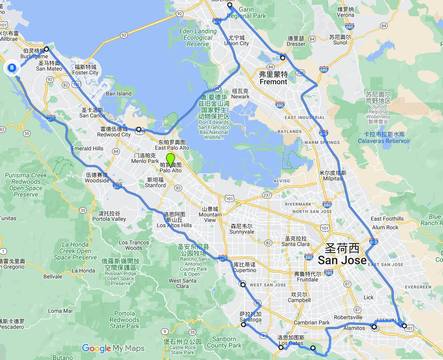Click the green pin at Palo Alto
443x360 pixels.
170,159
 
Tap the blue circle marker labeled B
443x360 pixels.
12,68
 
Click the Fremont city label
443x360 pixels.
273,78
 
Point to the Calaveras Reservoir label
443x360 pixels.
384,137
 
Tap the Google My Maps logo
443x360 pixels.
113,349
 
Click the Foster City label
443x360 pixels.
85,70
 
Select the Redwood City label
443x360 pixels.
115,132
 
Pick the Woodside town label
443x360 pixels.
97,178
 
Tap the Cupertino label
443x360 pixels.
244,267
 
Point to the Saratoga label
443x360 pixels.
250,317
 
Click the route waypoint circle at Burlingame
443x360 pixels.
46,49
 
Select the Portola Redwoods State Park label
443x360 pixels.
124,320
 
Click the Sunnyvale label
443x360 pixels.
242,229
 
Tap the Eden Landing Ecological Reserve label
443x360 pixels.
198,37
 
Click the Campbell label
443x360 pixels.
299,297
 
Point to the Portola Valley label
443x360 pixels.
109,216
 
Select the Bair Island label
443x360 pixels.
118,94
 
